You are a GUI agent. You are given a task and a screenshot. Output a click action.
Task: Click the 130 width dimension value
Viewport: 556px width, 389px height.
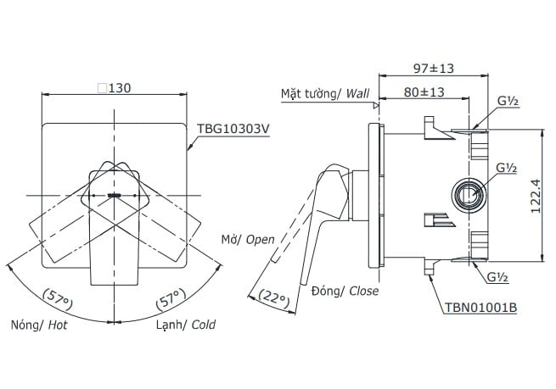[120, 88]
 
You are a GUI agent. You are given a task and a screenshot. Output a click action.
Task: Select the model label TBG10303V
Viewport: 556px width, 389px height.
[233, 129]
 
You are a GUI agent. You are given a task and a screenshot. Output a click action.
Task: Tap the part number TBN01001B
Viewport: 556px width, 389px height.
[480, 308]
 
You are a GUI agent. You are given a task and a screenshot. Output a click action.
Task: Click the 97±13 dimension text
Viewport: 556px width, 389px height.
[434, 68]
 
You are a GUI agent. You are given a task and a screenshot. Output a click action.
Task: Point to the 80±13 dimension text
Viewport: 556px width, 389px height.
[424, 92]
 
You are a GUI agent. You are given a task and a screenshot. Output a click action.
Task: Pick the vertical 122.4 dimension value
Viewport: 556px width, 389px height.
[536, 196]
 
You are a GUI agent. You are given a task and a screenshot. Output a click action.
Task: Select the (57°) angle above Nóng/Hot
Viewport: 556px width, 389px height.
[58, 299]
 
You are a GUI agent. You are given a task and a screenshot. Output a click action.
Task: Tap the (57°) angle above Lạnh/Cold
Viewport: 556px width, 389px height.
[171, 299]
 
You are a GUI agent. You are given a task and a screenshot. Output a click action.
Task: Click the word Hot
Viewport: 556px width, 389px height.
[58, 325]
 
